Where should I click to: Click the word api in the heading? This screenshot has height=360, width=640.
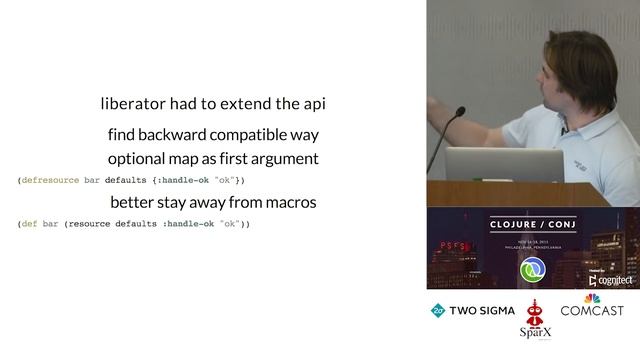click(x=314, y=104)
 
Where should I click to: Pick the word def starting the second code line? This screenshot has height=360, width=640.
click(x=29, y=224)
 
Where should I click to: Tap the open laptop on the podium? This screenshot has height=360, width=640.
click(x=490, y=165)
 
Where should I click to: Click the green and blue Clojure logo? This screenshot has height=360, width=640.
click(x=533, y=272)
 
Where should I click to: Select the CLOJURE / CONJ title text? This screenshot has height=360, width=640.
click(x=532, y=227)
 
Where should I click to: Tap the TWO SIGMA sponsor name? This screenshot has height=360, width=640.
click(x=479, y=311)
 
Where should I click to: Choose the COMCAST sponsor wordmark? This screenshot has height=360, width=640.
click(x=592, y=311)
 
